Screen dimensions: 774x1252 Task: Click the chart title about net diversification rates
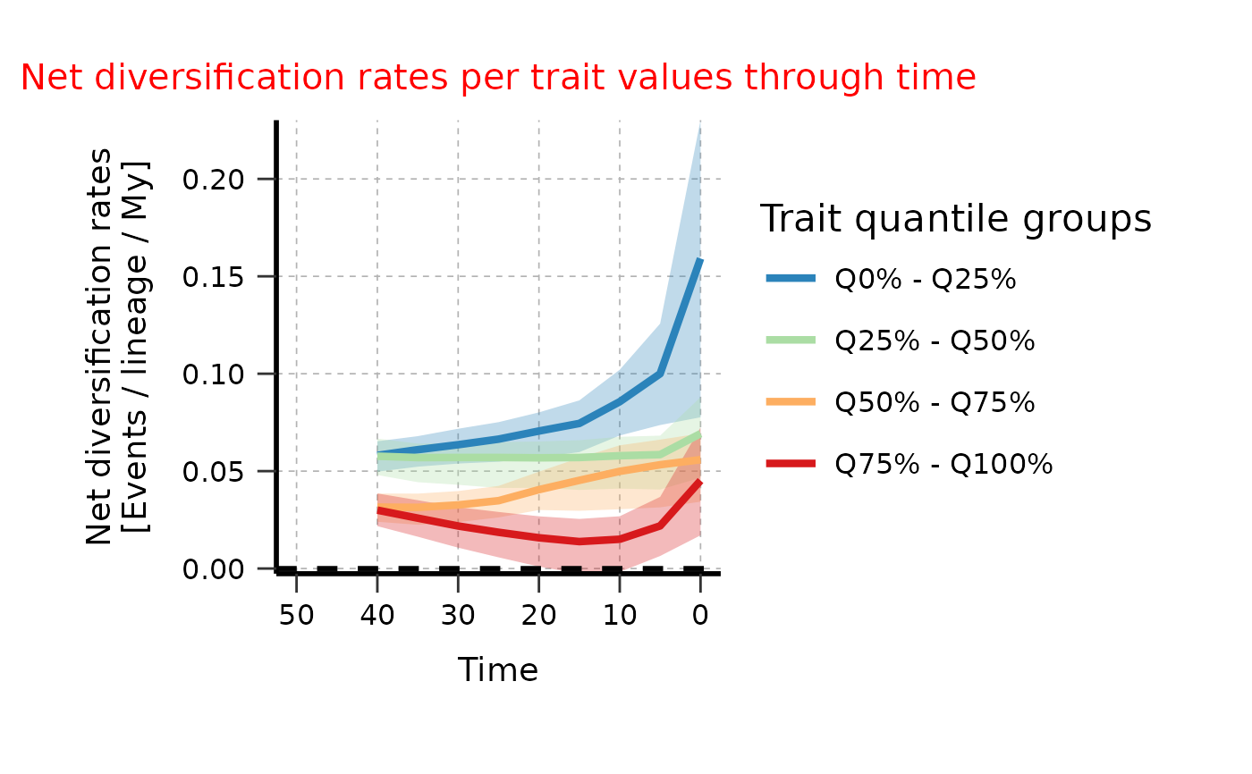[497, 79]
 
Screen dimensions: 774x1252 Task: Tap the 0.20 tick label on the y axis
[215, 180]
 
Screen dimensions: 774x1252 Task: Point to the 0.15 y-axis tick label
[215, 277]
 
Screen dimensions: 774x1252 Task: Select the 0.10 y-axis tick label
[215, 374]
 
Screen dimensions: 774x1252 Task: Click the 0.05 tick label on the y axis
[215, 472]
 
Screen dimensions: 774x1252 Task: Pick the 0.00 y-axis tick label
[215, 569]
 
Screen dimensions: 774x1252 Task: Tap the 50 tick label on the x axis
[297, 616]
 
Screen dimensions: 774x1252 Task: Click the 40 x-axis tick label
[377, 616]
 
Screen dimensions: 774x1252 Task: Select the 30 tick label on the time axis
[458, 616]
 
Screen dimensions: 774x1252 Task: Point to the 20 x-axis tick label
[538, 616]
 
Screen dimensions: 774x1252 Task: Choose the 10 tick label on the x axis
[619, 616]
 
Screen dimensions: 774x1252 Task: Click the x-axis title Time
[497, 670]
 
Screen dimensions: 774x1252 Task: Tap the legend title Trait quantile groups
[955, 219]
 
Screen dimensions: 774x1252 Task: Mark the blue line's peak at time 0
[699, 261]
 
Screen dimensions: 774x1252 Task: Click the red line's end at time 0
[699, 482]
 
